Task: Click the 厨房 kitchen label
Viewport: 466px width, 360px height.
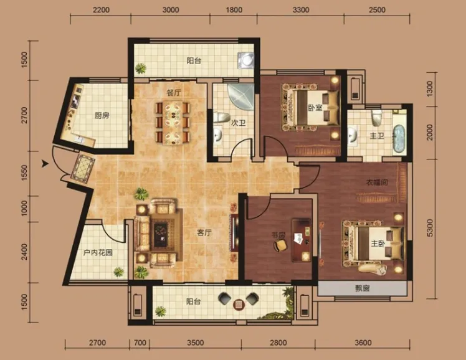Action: (102, 116)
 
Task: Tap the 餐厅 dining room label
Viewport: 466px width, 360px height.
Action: (174, 93)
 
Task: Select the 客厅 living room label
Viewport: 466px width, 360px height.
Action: (204, 232)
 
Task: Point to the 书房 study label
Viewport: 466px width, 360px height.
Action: (278, 235)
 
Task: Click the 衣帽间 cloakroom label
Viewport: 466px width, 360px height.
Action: (377, 182)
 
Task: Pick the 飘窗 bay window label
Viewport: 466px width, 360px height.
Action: (363, 288)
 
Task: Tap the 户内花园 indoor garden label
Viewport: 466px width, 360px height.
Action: (98, 253)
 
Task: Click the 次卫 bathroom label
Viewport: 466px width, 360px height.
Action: (239, 123)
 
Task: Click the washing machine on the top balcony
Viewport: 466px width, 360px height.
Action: (246, 60)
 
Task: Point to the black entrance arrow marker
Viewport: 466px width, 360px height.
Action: (45, 163)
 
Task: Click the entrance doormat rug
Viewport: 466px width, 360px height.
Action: (83, 167)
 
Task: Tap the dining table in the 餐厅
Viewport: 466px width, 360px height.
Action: (173, 123)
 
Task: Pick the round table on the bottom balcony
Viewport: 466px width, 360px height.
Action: (239, 304)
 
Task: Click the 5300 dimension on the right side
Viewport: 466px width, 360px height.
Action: (430, 228)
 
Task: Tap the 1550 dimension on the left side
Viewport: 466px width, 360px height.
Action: (24, 174)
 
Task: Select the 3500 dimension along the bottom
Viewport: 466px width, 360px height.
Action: (196, 343)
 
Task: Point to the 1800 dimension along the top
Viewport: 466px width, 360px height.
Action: (234, 10)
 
